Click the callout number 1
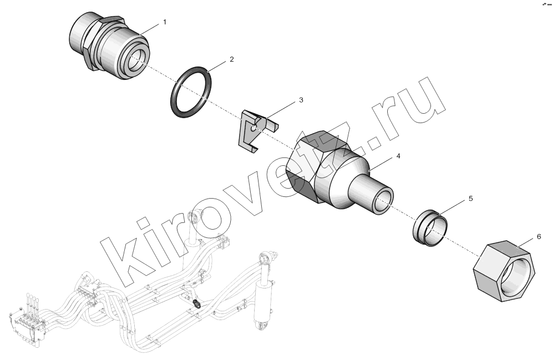coord(164,22)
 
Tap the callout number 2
coord(232,59)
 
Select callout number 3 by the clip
coord(301,100)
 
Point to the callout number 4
coord(398,156)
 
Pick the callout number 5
coord(470,199)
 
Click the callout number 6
coord(539,237)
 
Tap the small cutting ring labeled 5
coord(430,227)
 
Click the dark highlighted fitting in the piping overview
coord(197,303)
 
